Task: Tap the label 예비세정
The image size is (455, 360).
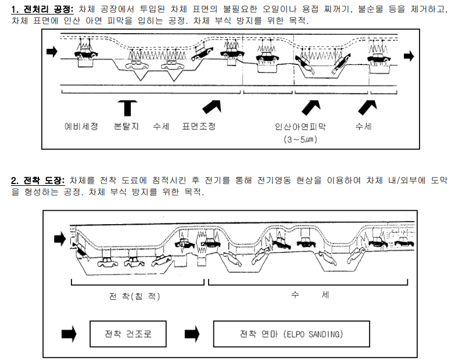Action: point(80,127)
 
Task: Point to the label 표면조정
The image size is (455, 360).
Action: point(199,127)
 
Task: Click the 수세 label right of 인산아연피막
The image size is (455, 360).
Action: point(364,127)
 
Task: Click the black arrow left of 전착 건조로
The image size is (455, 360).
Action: point(69,335)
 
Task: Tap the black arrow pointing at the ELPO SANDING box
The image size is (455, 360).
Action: point(192,335)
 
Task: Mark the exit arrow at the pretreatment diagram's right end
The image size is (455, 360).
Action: point(409,56)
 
